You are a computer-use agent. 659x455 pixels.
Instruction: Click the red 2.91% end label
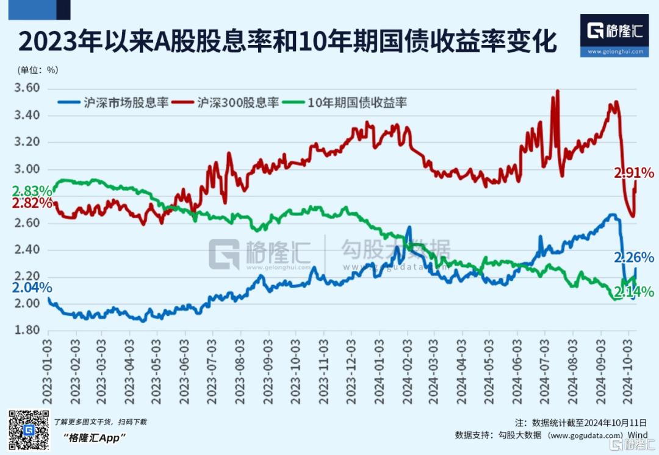point(634,174)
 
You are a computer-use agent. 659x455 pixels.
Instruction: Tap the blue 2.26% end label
point(634,256)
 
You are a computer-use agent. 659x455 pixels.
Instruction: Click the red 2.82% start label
point(32,203)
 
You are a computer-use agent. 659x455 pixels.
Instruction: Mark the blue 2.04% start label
point(32,287)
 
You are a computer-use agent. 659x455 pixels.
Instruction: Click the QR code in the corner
point(28,430)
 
